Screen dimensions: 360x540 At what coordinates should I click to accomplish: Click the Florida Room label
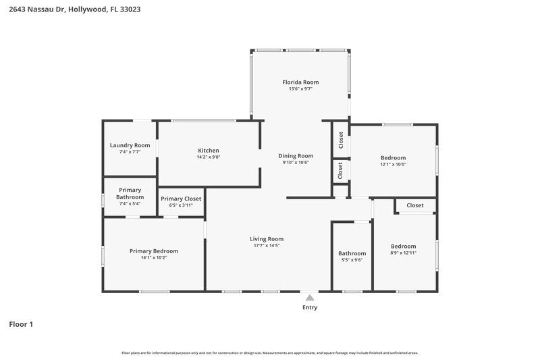[300, 82]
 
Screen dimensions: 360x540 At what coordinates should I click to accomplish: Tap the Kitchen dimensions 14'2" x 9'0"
[208, 157]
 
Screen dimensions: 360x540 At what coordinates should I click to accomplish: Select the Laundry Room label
[130, 145]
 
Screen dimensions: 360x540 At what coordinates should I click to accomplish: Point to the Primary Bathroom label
[130, 193]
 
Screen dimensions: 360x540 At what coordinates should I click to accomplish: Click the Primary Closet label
[180, 199]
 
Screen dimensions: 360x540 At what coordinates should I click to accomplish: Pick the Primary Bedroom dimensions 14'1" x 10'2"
[153, 257]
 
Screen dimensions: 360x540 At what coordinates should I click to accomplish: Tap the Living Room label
[267, 238]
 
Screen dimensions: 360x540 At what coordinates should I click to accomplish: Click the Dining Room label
[296, 156]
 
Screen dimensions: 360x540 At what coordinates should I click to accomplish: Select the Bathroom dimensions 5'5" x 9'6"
[352, 260]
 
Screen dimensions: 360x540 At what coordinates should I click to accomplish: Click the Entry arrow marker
[309, 297]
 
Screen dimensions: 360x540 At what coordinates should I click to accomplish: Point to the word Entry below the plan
[309, 307]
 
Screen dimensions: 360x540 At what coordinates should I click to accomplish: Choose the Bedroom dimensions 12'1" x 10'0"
[393, 164]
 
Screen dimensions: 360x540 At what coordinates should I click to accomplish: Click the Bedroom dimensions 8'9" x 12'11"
[403, 253]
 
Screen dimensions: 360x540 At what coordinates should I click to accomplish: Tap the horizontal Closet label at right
[415, 205]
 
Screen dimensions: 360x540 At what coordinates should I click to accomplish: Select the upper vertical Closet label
[341, 140]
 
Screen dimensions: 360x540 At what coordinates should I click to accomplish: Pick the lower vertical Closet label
[341, 170]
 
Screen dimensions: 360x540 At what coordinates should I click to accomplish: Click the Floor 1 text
[21, 324]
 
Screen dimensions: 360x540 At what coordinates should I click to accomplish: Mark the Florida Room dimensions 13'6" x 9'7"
[300, 88]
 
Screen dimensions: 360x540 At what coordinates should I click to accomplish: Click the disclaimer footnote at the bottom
[269, 353]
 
